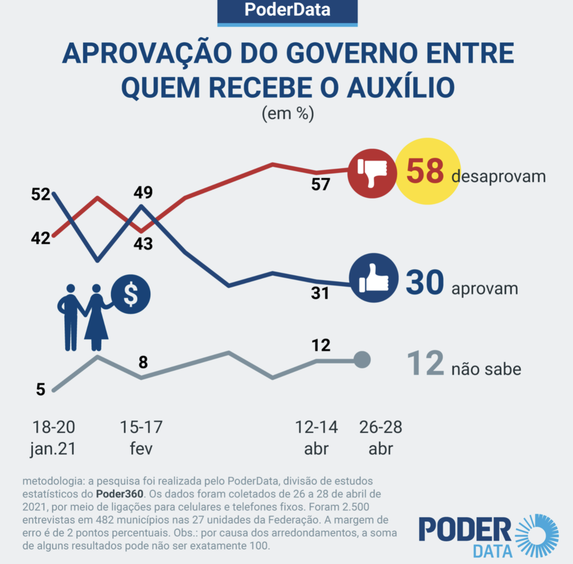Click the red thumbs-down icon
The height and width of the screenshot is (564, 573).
click(x=372, y=173)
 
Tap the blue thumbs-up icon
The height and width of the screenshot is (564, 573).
click(x=373, y=278)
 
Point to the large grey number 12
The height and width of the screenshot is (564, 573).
click(x=425, y=364)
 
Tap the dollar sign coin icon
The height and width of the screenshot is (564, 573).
click(x=131, y=294)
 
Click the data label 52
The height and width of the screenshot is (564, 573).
click(x=41, y=194)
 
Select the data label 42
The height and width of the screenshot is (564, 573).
click(x=41, y=238)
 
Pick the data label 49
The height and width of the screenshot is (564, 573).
click(x=143, y=192)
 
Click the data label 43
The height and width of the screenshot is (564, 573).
click(x=143, y=243)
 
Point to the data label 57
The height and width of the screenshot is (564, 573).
click(x=321, y=184)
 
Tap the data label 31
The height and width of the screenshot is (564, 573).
click(x=320, y=293)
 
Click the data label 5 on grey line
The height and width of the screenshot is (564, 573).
click(x=41, y=389)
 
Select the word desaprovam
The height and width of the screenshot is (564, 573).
click(x=498, y=176)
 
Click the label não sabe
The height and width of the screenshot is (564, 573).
click(x=486, y=369)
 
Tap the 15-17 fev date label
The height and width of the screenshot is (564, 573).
click(x=141, y=438)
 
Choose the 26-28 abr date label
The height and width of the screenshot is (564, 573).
click(x=381, y=438)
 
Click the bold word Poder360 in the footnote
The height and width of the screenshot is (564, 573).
click(x=119, y=494)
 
